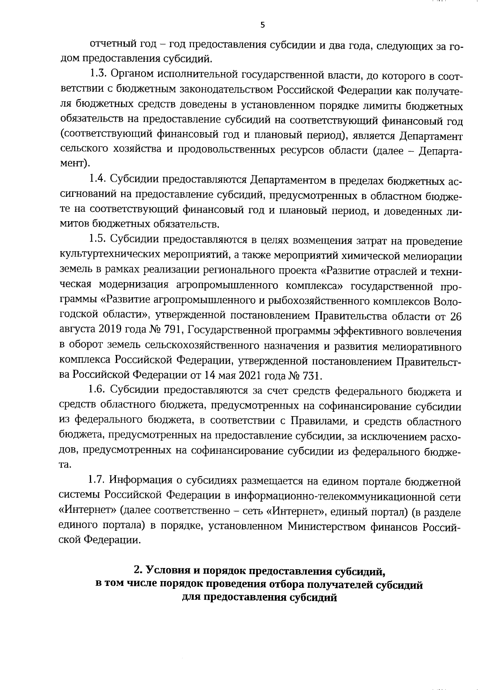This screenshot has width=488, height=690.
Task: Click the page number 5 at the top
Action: pos(262,25)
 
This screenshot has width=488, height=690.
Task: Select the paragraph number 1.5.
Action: pos(98,241)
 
